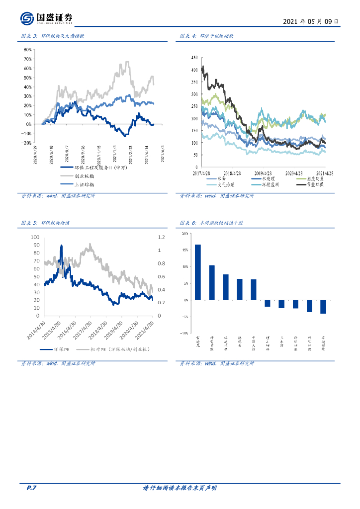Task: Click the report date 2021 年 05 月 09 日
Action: (x=311, y=22)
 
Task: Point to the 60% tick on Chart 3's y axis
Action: (x=27, y=69)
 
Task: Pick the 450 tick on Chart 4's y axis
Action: (x=193, y=57)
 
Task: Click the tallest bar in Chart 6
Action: (x=197, y=272)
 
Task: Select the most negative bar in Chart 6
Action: (x=323, y=307)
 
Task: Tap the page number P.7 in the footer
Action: (x=31, y=488)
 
